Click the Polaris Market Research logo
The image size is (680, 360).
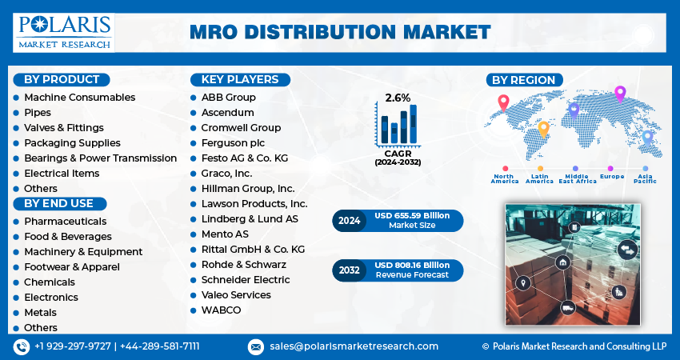point(64,31)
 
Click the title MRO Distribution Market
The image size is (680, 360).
point(340,32)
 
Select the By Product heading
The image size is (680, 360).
point(62,79)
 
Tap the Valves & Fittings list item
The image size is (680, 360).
point(64,127)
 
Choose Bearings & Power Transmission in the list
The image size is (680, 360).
point(100,158)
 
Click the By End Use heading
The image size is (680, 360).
point(58,203)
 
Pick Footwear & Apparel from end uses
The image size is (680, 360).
point(72,266)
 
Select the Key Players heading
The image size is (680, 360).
point(240,79)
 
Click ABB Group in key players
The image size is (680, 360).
point(229,97)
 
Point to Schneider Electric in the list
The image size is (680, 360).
point(246,279)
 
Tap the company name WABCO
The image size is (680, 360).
point(221,310)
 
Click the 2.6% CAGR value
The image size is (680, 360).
point(398,98)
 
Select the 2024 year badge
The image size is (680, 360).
point(350,220)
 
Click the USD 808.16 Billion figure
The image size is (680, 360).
point(413,265)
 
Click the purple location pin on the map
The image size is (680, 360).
point(619,93)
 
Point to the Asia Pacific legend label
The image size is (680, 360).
point(645,178)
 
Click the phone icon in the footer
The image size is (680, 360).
point(22,346)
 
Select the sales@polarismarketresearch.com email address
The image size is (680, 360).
point(354,346)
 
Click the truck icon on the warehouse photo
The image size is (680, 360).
point(567,306)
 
